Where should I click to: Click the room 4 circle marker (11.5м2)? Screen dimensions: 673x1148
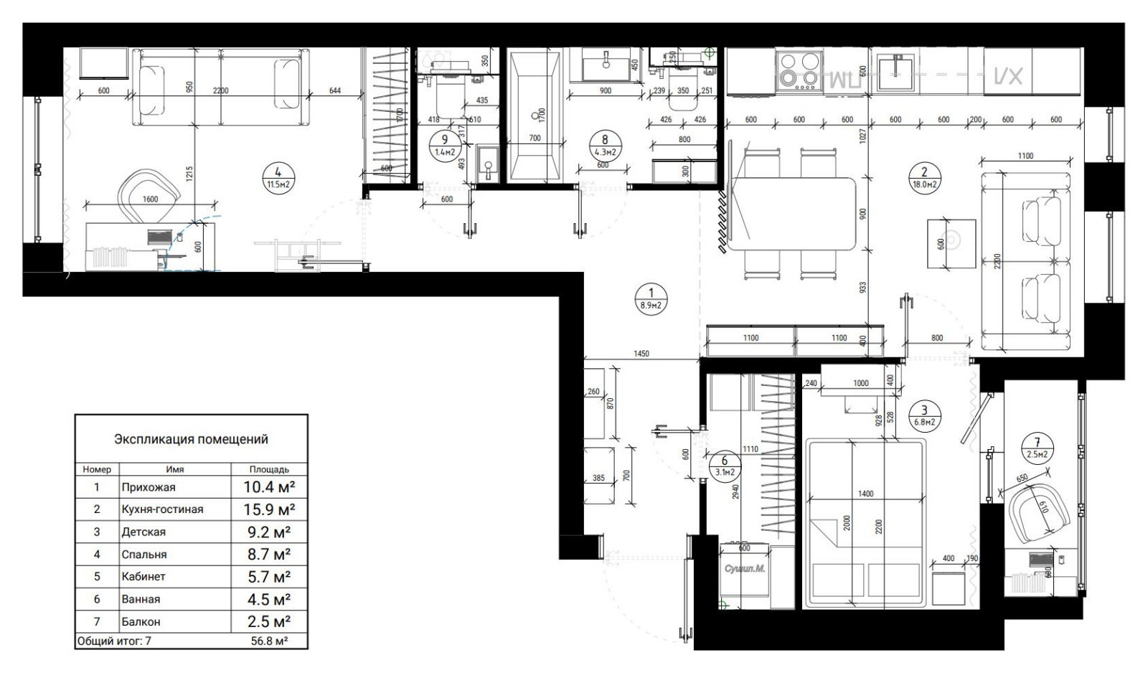coord(278,176)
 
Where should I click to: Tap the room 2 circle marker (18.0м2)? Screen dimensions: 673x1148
coord(923,176)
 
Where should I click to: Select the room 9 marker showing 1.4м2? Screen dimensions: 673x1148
coord(445,146)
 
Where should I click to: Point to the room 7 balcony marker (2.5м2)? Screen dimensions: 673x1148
coord(1037,448)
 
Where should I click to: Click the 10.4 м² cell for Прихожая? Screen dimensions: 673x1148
coord(269,487)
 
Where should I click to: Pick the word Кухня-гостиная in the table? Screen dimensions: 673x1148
coord(162,509)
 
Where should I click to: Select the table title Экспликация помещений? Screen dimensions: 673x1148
coord(191,438)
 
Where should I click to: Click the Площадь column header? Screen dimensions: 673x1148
coord(269,469)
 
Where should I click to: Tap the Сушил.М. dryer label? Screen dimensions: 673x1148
coord(744,568)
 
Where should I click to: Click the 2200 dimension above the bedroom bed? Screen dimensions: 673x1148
coord(220,90)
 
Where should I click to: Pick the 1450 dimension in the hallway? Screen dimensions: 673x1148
coord(641,353)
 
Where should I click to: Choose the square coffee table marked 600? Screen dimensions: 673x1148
coord(951,243)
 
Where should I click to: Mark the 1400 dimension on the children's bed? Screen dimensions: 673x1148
coord(865,494)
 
